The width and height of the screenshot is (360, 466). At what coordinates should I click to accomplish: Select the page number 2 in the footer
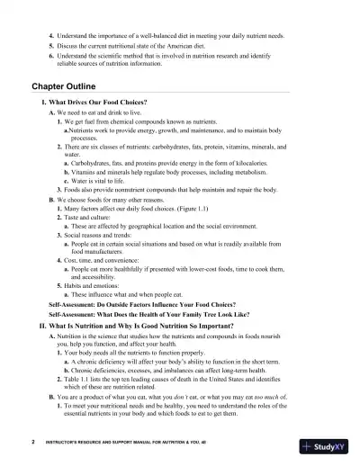click(32, 442)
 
